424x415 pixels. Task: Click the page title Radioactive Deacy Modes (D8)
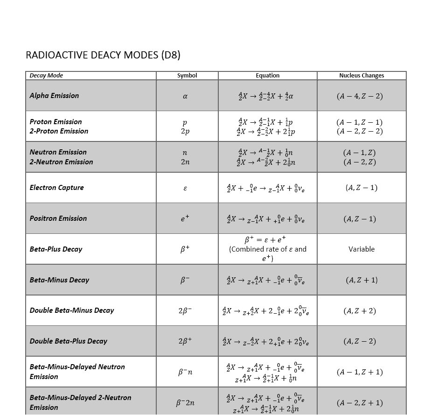click(x=103, y=55)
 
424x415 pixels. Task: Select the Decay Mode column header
click(x=46, y=76)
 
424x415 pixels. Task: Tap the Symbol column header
click(x=187, y=76)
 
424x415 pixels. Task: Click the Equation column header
click(x=267, y=76)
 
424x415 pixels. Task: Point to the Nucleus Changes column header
click(x=361, y=76)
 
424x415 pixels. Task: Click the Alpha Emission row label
click(x=54, y=96)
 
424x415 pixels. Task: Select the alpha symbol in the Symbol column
click(x=185, y=96)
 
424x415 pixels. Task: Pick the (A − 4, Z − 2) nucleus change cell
click(x=359, y=96)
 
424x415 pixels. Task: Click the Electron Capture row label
click(x=56, y=188)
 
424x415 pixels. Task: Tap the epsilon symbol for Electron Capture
click(x=185, y=188)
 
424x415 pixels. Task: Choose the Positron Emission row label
click(x=58, y=218)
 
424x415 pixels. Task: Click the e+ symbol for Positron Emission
click(x=185, y=218)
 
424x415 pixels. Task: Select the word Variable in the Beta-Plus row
click(x=361, y=249)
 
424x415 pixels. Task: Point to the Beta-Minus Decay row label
click(x=59, y=280)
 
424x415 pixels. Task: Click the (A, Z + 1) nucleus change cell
click(x=361, y=280)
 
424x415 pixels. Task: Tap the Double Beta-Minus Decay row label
click(x=72, y=310)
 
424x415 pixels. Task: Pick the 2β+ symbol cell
click(x=185, y=341)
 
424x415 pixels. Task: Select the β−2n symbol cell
click(x=185, y=403)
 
